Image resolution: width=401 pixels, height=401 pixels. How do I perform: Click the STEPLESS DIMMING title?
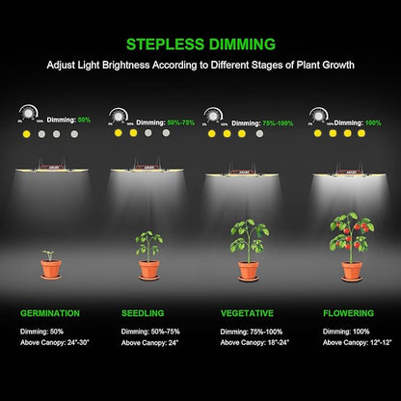200,43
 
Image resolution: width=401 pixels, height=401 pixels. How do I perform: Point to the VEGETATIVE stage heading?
247,313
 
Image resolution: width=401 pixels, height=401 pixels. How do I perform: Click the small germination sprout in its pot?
50,264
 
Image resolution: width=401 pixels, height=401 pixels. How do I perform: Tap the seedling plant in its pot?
148,256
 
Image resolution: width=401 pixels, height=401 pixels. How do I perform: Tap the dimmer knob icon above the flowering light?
318,115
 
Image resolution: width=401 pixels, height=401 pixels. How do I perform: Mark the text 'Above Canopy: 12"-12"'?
358,342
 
